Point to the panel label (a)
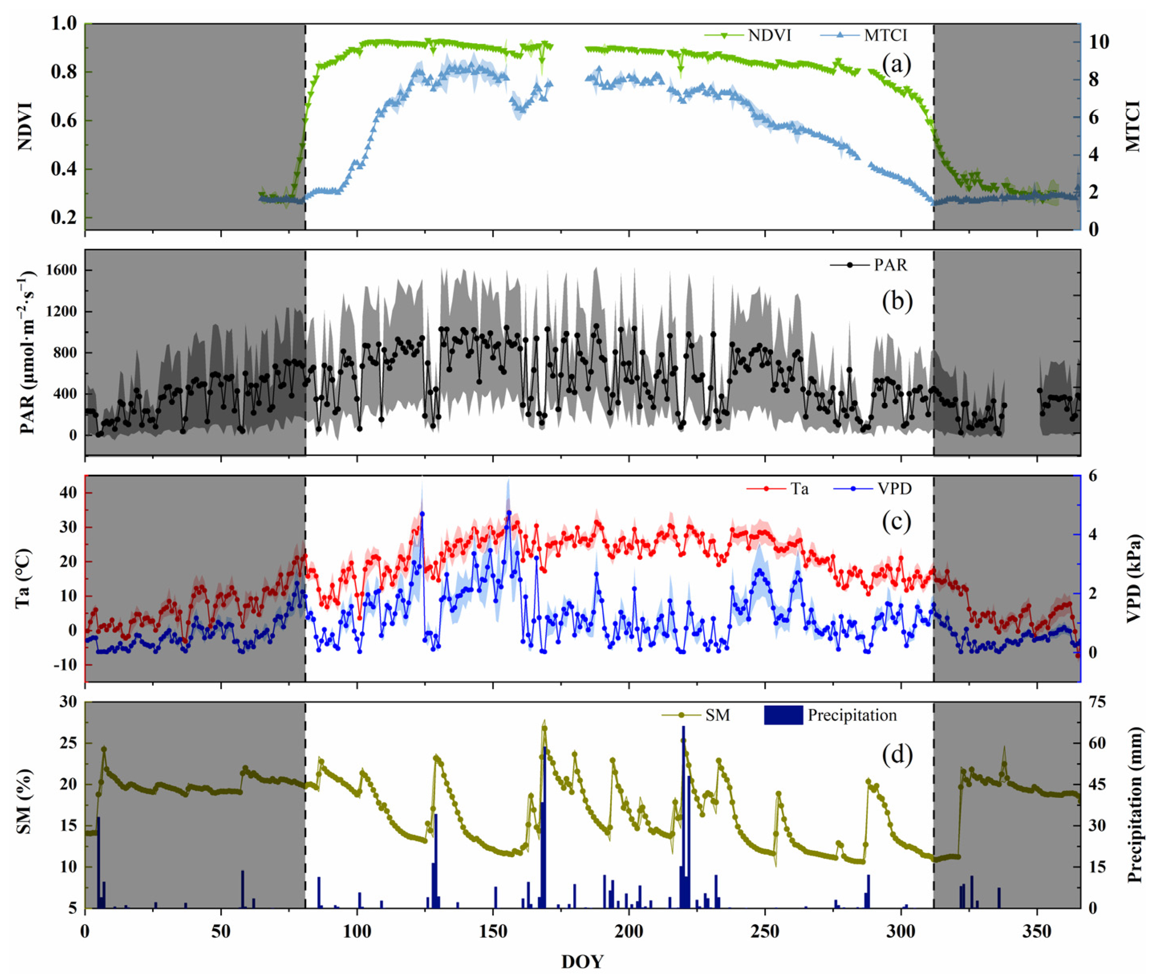point(896,65)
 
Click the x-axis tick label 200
point(629,931)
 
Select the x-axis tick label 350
point(1036,931)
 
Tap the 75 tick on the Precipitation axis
point(1096,702)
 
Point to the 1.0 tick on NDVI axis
point(64,24)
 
